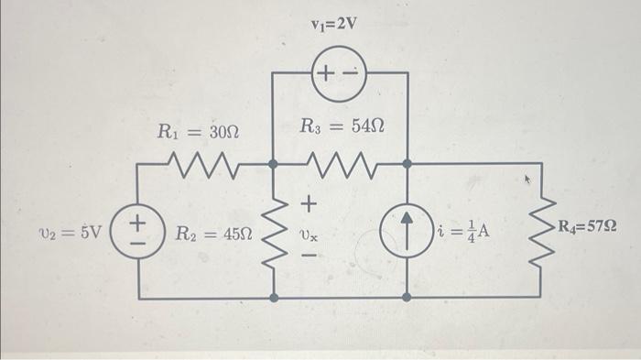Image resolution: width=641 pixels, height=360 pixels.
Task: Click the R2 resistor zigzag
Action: (x=274, y=232)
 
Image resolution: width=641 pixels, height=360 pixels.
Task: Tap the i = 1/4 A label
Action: (x=464, y=231)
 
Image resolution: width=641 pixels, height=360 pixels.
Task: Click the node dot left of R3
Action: (x=274, y=166)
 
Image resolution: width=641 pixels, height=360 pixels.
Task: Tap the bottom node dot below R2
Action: (x=274, y=299)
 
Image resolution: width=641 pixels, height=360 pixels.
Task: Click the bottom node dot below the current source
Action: (x=407, y=299)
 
